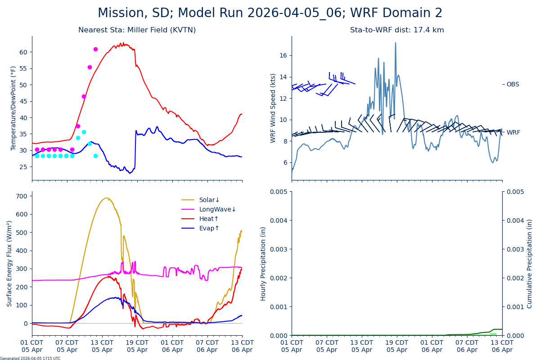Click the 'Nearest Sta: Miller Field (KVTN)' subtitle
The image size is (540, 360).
(137, 30)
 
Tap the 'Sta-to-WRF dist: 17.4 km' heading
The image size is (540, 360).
(397, 30)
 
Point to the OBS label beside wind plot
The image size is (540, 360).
(513, 84)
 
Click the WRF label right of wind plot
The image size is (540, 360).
(513, 132)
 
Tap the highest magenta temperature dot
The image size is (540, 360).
(95, 49)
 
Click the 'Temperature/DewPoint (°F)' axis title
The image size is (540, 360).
(13, 108)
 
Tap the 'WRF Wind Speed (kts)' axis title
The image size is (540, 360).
(273, 108)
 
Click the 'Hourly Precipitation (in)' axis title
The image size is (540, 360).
(263, 263)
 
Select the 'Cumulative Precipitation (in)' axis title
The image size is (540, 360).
(530, 263)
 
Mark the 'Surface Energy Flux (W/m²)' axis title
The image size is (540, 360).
(9, 263)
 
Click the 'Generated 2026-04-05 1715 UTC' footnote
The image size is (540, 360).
(30, 359)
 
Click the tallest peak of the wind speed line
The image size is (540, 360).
(396, 43)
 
